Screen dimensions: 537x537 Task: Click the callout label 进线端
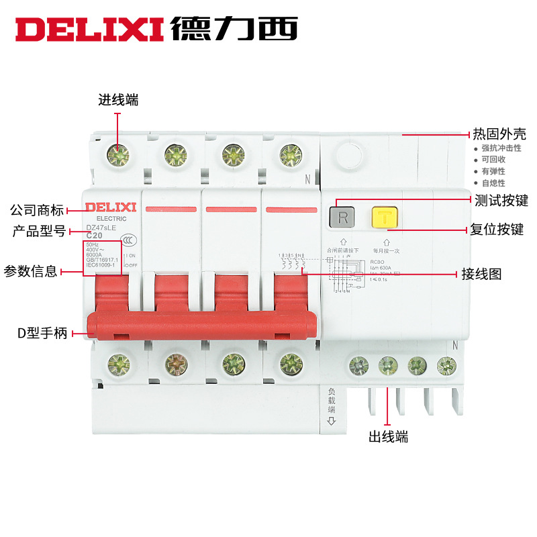(118, 100)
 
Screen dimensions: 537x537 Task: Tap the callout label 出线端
(388, 437)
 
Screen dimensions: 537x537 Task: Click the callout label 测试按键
(501, 200)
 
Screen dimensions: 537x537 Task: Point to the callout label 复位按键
(497, 230)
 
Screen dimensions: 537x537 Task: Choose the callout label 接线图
(481, 274)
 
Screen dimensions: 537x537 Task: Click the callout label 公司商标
(36, 209)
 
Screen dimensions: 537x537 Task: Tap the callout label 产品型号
(39, 232)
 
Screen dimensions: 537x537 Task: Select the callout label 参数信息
(30, 271)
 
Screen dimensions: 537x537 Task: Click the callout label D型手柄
(42, 332)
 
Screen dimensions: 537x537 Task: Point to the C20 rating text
(94, 236)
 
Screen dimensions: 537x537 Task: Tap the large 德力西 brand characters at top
(234, 28)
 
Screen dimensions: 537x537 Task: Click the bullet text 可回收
(493, 160)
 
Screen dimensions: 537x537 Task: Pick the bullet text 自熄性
(493, 183)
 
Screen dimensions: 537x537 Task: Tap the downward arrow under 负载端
(331, 421)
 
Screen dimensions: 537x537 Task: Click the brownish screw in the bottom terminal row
(175, 362)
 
